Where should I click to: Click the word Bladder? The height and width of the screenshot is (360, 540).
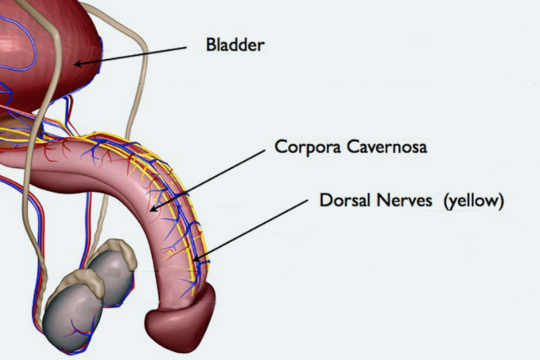click(x=235, y=45)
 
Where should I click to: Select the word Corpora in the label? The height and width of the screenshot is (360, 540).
click(x=308, y=147)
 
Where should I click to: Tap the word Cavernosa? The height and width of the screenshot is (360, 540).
click(x=387, y=147)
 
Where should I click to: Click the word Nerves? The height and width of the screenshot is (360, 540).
click(x=404, y=200)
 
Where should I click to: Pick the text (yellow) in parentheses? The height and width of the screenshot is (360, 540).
click(x=474, y=201)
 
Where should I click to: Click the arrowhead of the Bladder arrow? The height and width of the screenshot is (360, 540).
click(x=78, y=63)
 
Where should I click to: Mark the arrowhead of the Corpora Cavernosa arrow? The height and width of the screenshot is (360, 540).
click(x=154, y=209)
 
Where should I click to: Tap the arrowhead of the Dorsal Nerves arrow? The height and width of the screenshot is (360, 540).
click(x=196, y=259)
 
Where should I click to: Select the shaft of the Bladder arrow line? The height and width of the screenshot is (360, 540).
click(x=130, y=55)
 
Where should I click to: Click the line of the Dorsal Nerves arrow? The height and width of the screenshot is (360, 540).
click(x=250, y=230)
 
